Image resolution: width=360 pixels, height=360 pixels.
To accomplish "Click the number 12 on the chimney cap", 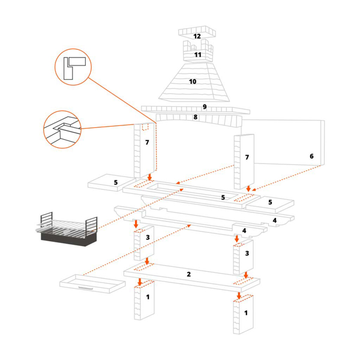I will pos(197,37).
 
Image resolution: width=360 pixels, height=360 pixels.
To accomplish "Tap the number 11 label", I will pos(197,55).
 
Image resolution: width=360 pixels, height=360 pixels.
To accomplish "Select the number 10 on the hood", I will pos(193,82).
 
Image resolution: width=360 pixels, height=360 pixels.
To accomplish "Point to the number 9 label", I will pos(205,107).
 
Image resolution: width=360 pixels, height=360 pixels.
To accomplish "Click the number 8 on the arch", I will pos(196,117).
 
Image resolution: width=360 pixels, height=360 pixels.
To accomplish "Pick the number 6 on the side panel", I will pos(311,156).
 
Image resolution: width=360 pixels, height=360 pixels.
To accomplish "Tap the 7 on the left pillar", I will pos(146,142).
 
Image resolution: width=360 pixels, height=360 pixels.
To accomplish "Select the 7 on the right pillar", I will pos(246,157).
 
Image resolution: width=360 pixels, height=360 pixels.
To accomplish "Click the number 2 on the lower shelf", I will pos(188,274).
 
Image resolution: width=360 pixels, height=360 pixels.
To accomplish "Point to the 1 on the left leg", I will pos(148,297).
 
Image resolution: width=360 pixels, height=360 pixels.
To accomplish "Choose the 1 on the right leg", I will pos(245,313).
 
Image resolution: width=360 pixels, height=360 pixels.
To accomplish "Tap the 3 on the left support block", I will pos(147,238).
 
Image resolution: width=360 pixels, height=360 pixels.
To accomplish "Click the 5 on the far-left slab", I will pos(116,182).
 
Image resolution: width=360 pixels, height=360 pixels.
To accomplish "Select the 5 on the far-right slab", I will pos(270,202).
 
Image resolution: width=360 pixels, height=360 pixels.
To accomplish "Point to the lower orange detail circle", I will pos(62,129).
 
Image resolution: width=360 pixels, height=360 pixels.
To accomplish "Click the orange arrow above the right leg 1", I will pos(239,295).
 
